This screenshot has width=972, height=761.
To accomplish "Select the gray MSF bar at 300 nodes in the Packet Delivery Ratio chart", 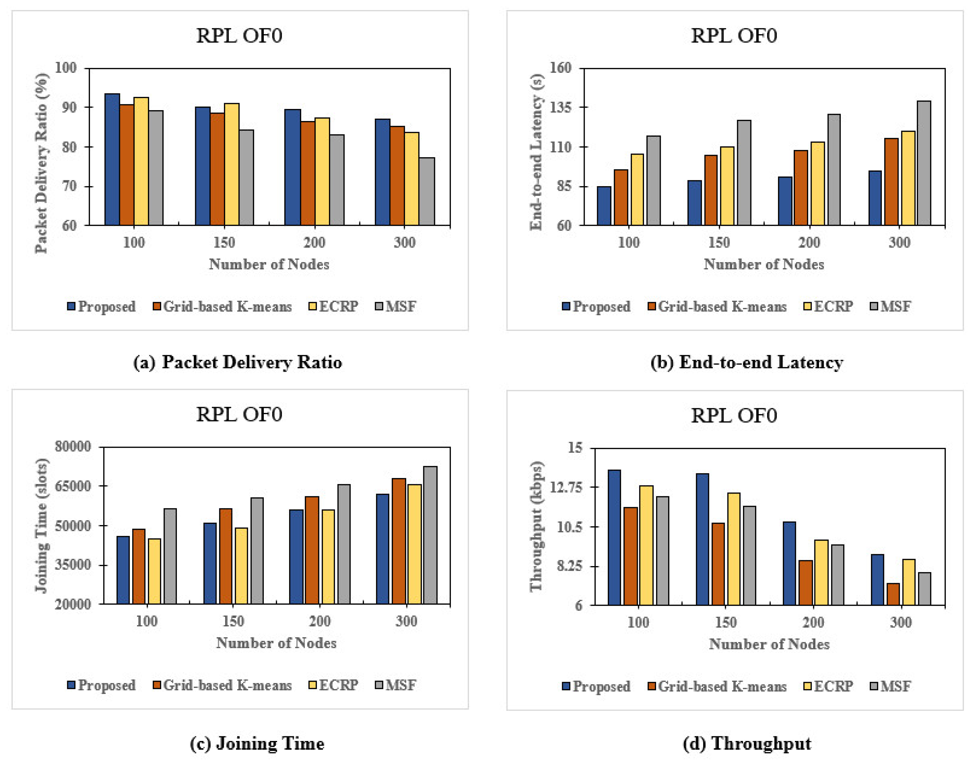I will point(427,192).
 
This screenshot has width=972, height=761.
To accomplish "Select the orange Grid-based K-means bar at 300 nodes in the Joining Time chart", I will point(398,541).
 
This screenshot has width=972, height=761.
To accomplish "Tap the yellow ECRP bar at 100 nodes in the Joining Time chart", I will point(154,571).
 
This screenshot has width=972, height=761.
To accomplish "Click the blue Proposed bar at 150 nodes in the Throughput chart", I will point(702,539).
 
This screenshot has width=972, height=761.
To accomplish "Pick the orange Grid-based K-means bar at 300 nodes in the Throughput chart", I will point(893,594).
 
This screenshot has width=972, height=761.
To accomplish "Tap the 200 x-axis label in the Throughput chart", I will point(813,622).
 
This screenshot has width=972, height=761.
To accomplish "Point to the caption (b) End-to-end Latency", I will point(747,362).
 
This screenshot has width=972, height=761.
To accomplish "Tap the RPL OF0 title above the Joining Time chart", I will point(239,415).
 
